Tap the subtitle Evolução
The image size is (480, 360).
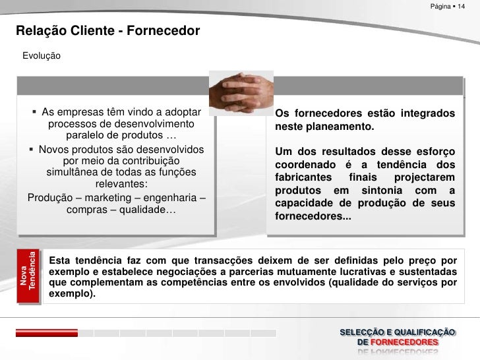[42, 57]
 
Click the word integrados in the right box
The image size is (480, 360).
[425, 113]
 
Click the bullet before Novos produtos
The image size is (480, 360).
[32, 149]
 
